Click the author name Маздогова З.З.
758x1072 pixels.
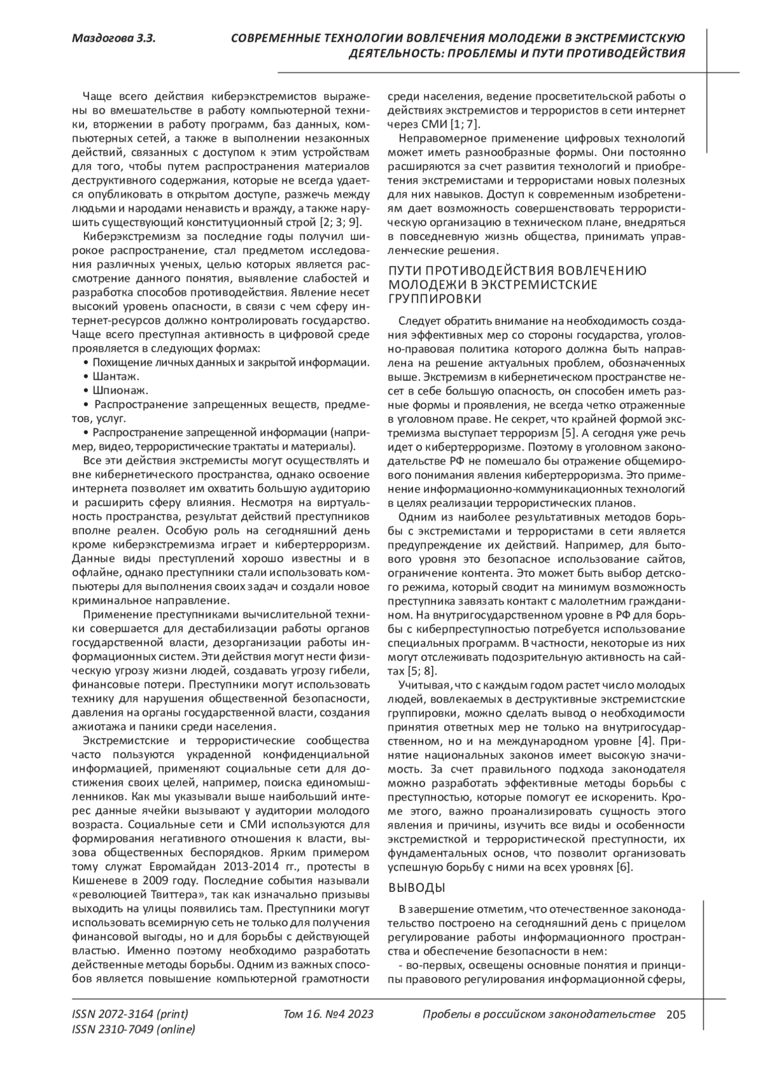[114, 39]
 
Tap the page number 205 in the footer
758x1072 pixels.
[675, 1015]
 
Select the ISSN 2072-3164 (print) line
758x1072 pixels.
[131, 1015]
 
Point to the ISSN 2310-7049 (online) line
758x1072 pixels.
[134, 1029]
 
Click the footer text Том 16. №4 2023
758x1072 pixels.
[328, 1015]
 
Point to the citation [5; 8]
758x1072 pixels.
[421, 670]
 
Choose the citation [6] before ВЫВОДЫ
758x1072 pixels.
[624, 867]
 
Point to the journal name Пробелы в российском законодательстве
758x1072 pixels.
[538, 1015]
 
